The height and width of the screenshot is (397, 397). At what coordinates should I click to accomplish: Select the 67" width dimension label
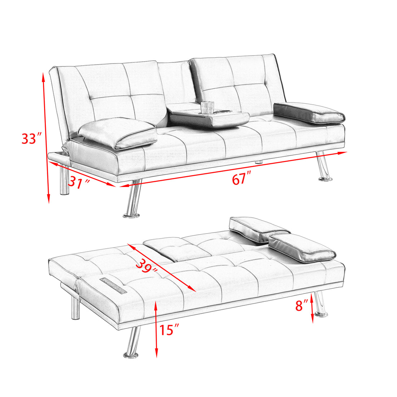pyautogui.click(x=241, y=179)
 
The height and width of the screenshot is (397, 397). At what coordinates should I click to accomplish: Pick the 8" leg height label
pyautogui.click(x=302, y=305)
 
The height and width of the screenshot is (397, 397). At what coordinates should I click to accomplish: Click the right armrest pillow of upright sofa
pyautogui.click(x=309, y=113)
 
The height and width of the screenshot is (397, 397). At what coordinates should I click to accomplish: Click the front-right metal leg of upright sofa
pyautogui.click(x=323, y=167)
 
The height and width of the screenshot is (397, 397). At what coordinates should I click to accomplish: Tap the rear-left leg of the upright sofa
pyautogui.click(x=65, y=180)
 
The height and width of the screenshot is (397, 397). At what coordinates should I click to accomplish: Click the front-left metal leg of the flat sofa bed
pyautogui.click(x=132, y=343)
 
